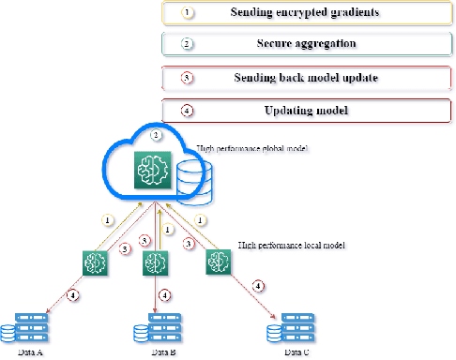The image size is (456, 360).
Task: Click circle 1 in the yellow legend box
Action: pyautogui.click(x=186, y=13)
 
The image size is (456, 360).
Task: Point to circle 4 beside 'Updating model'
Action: pyautogui.click(x=186, y=111)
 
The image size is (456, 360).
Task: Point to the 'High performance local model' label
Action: pyautogui.click(x=292, y=245)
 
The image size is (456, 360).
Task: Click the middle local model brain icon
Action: pyautogui.click(x=154, y=264)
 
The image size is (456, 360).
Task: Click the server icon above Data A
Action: pyautogui.click(x=25, y=328)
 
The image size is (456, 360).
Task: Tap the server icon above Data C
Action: pyautogui.click(x=292, y=328)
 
